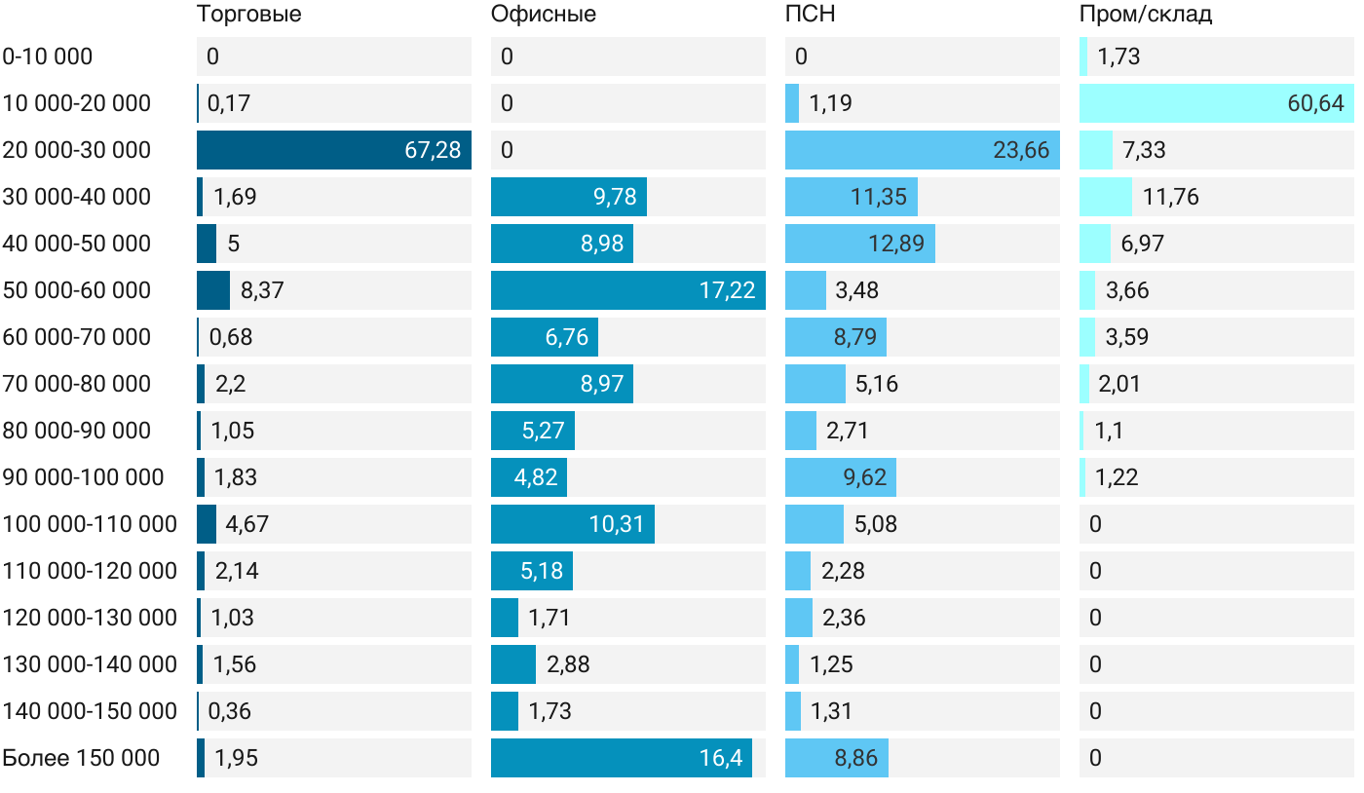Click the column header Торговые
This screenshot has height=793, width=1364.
point(248,15)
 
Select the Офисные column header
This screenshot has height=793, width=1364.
point(543,15)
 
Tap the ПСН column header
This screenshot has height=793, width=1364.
point(810,15)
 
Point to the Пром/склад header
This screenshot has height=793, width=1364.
point(1145,15)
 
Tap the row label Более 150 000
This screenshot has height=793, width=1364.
point(81,758)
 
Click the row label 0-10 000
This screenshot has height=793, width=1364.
point(48,57)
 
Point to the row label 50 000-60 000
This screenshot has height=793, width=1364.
point(77,290)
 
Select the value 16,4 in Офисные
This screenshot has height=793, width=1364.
point(720,758)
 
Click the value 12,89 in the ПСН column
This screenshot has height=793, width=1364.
point(895,244)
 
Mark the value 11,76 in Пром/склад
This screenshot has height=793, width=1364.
point(1170,197)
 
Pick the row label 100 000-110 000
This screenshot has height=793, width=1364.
point(90,524)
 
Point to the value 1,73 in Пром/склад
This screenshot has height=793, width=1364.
point(1118,57)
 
